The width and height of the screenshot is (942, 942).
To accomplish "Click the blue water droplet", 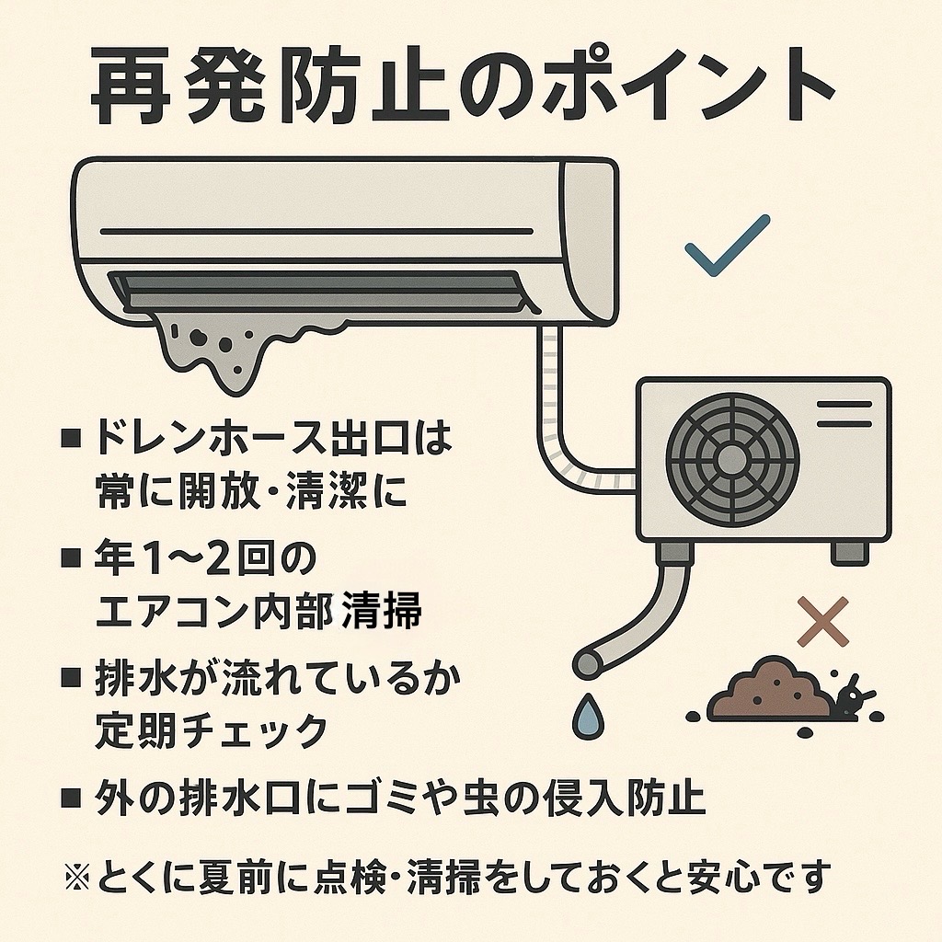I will coord(586,715).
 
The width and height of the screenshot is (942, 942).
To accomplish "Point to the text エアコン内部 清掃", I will coord(258,612).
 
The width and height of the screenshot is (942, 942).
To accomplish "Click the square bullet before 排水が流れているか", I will coord(72,679).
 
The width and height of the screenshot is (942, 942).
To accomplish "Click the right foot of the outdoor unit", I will coord(848,553).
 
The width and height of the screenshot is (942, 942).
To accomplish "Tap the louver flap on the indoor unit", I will coord(313,290).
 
